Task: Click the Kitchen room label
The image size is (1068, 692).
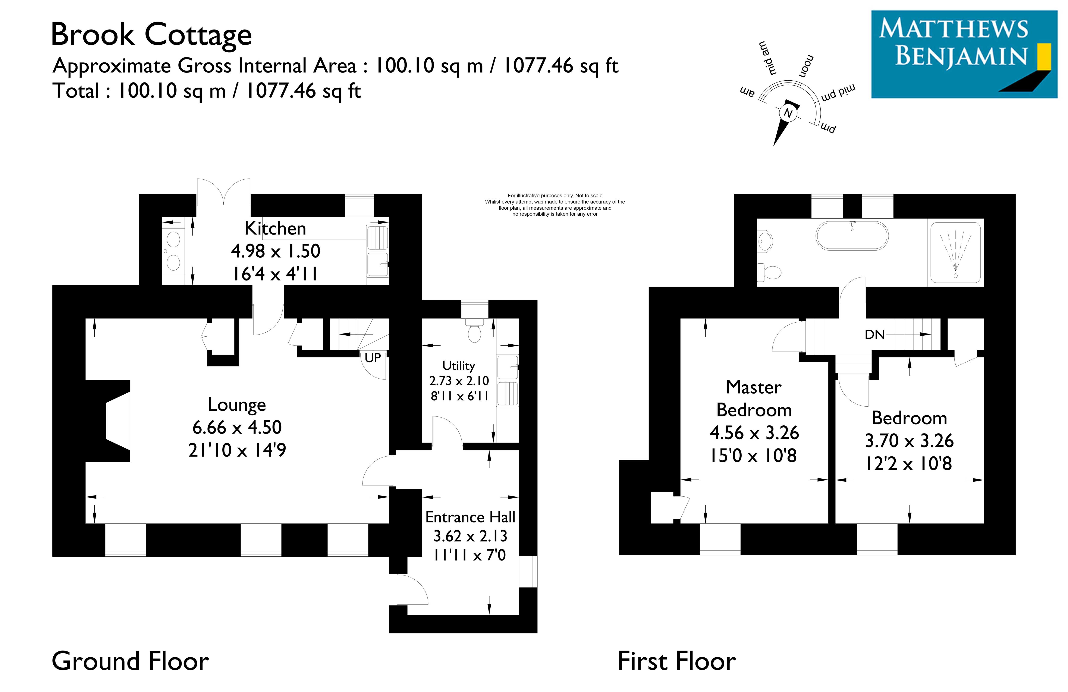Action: pyautogui.click(x=275, y=229)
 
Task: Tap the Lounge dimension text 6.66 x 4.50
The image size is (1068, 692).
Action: pyautogui.click(x=237, y=427)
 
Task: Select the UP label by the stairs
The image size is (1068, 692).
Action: pyautogui.click(x=373, y=358)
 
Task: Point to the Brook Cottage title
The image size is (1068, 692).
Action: pyautogui.click(x=152, y=35)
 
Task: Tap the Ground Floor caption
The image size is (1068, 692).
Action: pyautogui.click(x=130, y=661)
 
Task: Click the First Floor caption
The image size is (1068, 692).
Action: pyautogui.click(x=677, y=661)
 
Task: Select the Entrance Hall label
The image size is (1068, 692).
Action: pyautogui.click(x=470, y=517)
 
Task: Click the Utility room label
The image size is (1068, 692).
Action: pyautogui.click(x=459, y=366)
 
